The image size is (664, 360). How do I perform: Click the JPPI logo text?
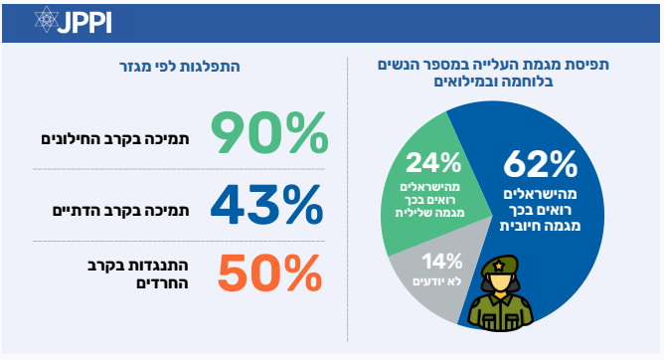[84, 23]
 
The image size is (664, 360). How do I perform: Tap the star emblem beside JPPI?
[46, 20]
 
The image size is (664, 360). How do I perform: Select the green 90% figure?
[269, 132]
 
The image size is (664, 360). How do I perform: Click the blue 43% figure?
[266, 205]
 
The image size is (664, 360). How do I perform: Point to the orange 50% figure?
[269, 273]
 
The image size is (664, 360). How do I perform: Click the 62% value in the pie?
[541, 164]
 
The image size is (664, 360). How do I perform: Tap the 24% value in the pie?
[433, 163]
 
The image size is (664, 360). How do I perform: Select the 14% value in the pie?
[441, 262]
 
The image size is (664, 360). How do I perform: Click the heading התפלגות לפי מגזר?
[180, 67]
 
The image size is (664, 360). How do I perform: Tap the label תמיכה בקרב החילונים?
[114, 139]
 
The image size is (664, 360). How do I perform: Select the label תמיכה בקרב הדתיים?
[120, 211]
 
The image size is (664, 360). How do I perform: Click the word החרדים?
[162, 282]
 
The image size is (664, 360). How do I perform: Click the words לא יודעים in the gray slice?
[437, 281]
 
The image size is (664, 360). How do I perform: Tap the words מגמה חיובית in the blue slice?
[540, 226]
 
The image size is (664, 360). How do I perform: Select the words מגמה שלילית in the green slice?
[429, 213]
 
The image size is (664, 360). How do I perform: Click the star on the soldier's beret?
[499, 266]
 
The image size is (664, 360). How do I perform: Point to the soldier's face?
[500, 282]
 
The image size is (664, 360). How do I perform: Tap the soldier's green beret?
[500, 265]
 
